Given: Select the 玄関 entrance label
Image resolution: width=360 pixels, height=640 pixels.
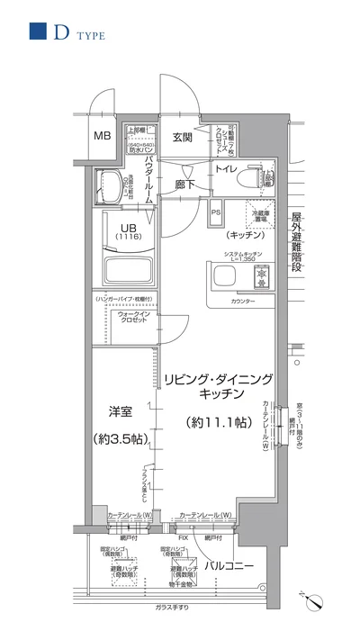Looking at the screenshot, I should (x=183, y=137).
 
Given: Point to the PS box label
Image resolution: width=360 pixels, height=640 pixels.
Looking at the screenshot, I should (x=216, y=212).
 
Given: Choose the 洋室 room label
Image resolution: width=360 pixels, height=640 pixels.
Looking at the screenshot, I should (x=120, y=411).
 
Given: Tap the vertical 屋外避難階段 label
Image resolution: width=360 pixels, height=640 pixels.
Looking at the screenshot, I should (x=294, y=243).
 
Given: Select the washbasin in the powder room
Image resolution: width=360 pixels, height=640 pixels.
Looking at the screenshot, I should (x=109, y=180).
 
